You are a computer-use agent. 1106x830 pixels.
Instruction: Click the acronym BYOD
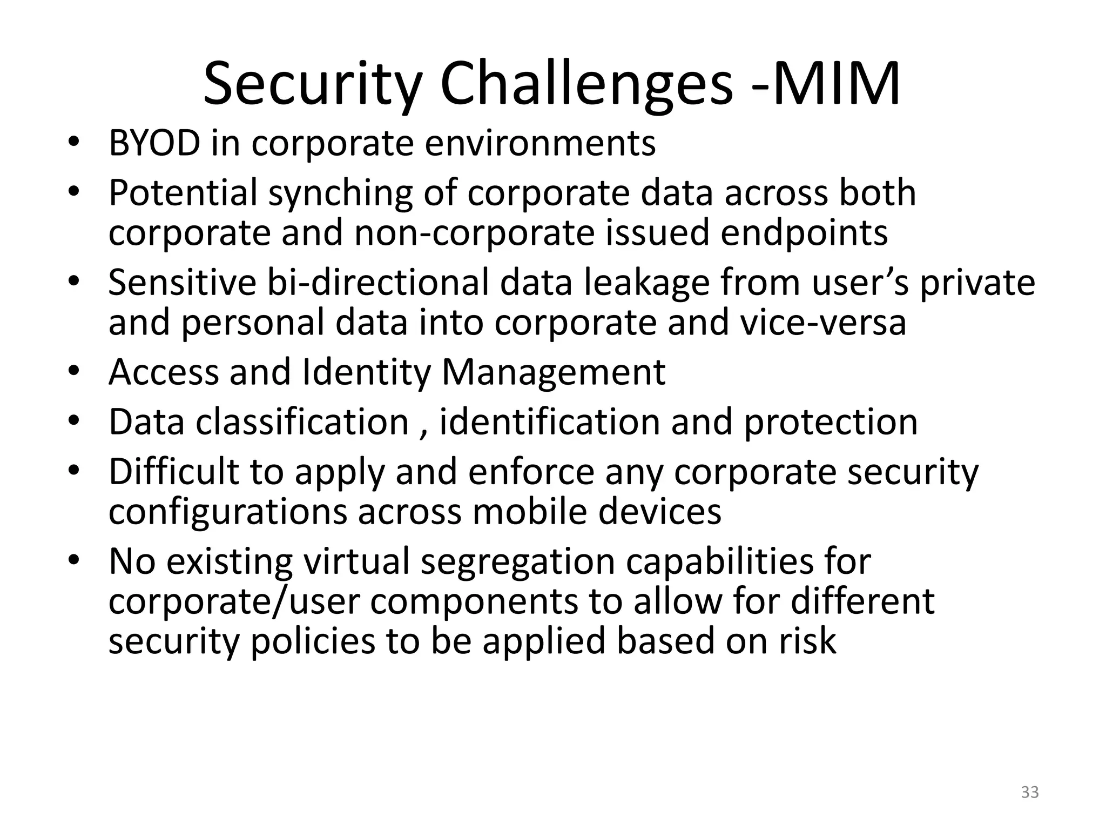coord(154,144)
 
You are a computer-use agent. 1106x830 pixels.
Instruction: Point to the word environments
coord(540,144)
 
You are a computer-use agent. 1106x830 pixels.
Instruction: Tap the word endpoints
coord(804,233)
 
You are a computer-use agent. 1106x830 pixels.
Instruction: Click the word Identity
coord(367,373)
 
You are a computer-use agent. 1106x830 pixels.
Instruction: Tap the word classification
coord(302,422)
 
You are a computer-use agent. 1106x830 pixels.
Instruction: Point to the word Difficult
coord(173,472)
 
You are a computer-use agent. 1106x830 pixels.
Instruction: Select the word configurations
coord(227,512)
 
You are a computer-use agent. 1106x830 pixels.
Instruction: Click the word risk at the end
coord(807,641)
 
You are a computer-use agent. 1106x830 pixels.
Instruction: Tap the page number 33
coord(1030,792)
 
